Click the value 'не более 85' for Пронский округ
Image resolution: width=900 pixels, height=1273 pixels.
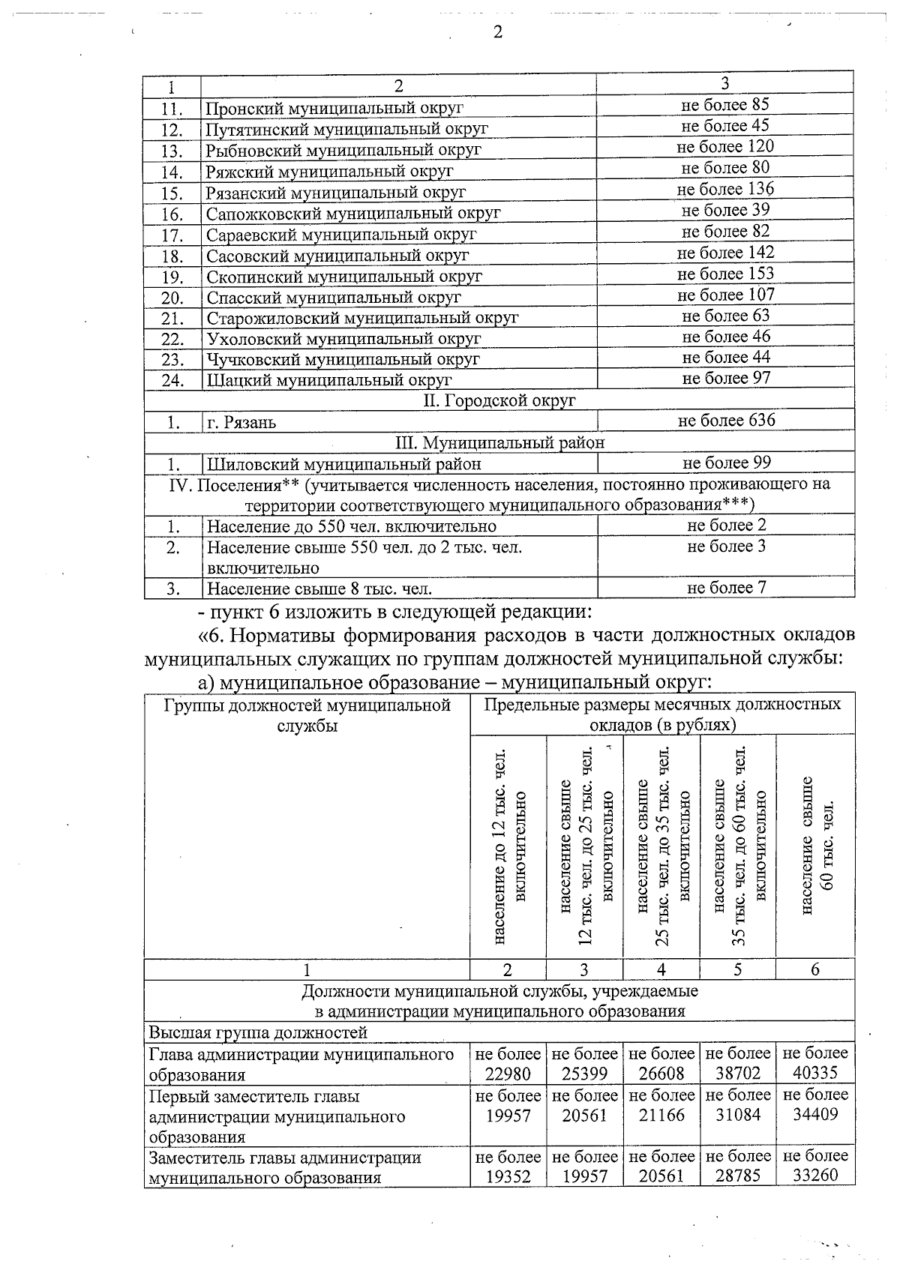point(724,105)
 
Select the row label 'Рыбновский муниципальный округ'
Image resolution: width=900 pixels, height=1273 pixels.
point(343,150)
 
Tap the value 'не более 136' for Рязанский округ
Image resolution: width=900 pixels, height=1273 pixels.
point(724,189)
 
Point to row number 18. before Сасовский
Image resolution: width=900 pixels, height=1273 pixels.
point(172,256)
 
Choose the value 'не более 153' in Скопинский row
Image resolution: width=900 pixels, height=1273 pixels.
point(724,274)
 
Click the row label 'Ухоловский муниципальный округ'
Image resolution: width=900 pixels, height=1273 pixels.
point(343,338)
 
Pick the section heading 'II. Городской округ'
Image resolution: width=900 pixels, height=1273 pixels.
point(499,400)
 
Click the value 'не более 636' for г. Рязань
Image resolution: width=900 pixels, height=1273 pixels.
point(726,421)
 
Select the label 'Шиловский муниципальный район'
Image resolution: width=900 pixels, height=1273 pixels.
point(343,464)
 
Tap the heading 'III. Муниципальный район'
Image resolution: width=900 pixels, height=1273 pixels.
point(499,442)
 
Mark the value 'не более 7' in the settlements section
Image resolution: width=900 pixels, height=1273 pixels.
point(726,588)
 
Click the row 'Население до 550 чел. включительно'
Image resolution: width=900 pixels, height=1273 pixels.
point(351,526)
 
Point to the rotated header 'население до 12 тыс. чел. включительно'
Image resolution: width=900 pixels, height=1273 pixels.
point(509,846)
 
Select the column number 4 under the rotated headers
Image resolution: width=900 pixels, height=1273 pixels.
point(661,969)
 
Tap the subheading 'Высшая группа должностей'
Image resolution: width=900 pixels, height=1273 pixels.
point(258,1032)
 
